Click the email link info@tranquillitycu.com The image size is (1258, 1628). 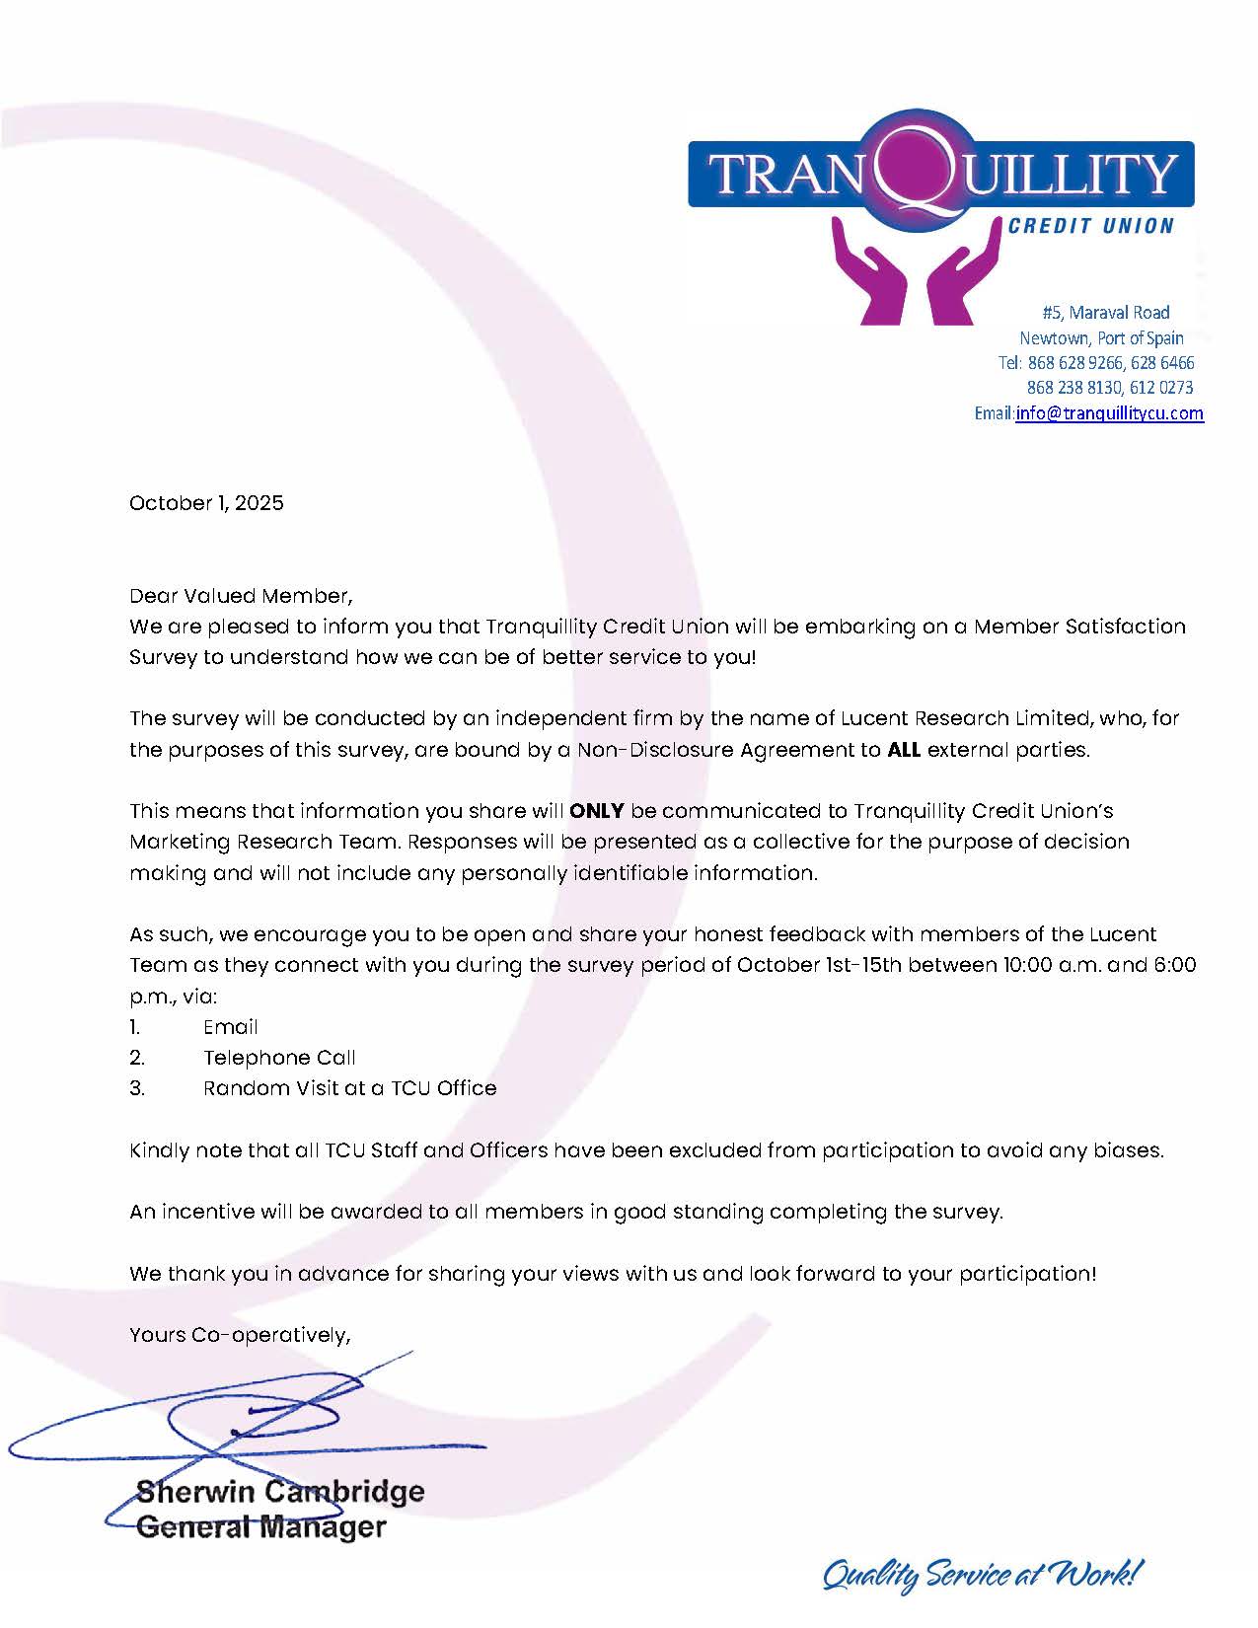1109,413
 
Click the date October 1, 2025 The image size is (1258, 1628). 206,503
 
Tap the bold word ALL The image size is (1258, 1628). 904,750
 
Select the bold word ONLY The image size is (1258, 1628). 597,811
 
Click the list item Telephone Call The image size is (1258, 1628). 279,1058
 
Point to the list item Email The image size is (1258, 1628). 230,1027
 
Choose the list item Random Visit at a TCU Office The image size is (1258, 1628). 349,1088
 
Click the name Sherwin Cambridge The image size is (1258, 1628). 280,1491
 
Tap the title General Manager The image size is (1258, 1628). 260,1527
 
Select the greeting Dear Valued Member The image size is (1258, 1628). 240,596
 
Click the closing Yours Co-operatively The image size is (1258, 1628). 240,1335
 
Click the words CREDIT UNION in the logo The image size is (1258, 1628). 1090,226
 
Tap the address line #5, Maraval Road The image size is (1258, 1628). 1106,313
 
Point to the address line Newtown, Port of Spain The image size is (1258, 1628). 1101,338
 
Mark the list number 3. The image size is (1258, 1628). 137,1088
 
